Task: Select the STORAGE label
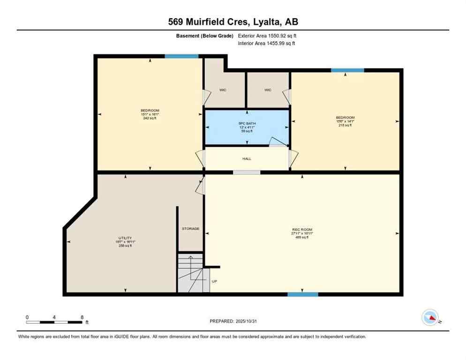pos(191,229)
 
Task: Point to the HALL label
pos(247,159)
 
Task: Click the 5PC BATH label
pos(247,124)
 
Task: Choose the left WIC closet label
pos(223,90)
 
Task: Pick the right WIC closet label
pos(268,90)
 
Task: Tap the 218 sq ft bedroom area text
pos(345,125)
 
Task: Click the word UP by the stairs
pos(214,281)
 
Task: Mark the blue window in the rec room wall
pos(303,294)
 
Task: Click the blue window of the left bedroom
pos(181,56)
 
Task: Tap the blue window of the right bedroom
pos(347,70)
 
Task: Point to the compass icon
pos(430,317)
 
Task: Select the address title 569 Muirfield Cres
pos(233,22)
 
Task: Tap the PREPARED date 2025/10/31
pos(233,321)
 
